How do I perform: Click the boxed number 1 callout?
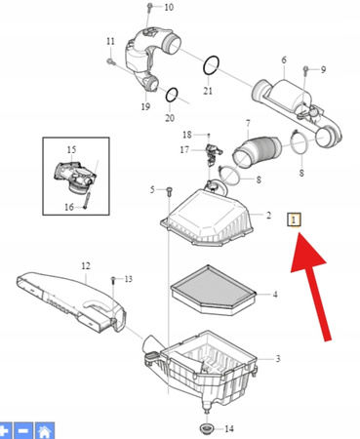point(294,219)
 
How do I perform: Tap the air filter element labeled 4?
point(214,290)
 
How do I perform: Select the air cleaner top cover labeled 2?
point(207,218)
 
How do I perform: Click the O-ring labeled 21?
point(211,65)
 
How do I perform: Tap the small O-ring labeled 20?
point(172,95)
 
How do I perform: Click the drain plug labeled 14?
point(205,428)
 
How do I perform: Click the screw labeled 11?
point(110,61)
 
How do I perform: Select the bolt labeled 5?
point(169,191)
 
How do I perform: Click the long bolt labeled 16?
point(86,200)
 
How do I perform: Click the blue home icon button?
point(45,431)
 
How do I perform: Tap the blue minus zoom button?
point(23,431)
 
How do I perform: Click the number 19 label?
point(145,106)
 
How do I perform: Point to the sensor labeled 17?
point(212,153)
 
